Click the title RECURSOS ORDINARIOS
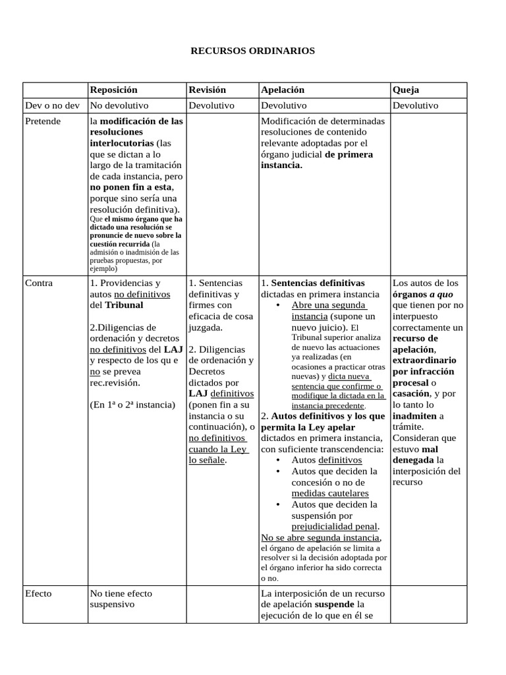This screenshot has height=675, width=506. [x=253, y=50]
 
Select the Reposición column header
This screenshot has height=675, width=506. [x=113, y=90]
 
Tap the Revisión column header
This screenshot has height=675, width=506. [x=207, y=90]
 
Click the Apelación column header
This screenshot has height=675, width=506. [x=283, y=90]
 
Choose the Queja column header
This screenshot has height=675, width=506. [x=406, y=90]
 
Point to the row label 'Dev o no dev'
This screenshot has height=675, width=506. [x=51, y=105]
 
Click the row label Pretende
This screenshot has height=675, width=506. [x=42, y=121]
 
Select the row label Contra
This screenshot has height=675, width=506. [x=38, y=283]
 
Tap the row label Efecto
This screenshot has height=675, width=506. [x=38, y=593]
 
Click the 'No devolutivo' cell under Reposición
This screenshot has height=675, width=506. [x=119, y=105]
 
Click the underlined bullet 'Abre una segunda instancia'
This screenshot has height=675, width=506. [x=328, y=310]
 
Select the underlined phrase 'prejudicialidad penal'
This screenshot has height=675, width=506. [x=334, y=527]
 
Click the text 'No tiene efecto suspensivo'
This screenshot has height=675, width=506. [x=121, y=599]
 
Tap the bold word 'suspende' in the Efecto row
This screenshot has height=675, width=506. [x=334, y=604]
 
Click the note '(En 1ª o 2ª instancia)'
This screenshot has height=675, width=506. [x=132, y=405]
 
